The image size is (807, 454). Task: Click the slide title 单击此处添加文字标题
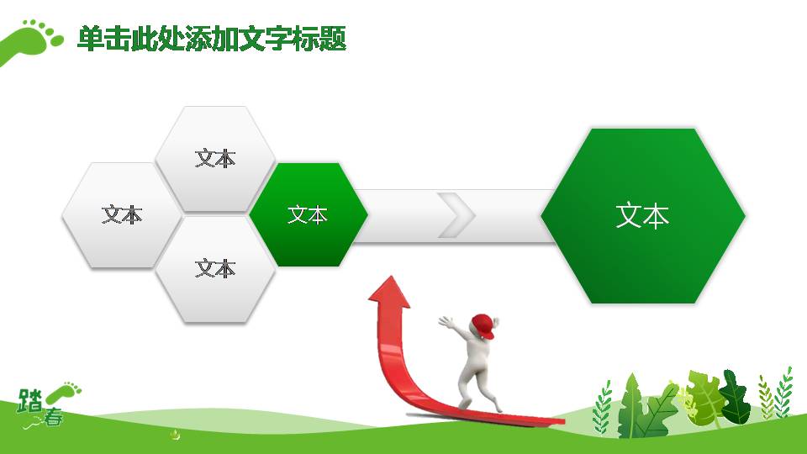(212, 39)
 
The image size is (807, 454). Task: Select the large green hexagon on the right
(643, 216)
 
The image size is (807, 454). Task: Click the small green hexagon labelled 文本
(308, 214)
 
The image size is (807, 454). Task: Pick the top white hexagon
(215, 159)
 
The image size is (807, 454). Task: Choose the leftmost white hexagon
(122, 214)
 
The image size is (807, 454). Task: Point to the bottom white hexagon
(215, 269)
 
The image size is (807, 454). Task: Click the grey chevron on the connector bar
(456, 215)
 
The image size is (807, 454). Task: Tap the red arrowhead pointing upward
(389, 293)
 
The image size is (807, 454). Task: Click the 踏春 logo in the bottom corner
(47, 405)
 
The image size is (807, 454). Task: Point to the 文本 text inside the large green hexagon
(642, 216)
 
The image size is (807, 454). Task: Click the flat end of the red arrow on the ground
(558, 421)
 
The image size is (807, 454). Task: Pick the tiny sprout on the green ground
(176, 436)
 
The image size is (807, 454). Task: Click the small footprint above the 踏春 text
(64, 393)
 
